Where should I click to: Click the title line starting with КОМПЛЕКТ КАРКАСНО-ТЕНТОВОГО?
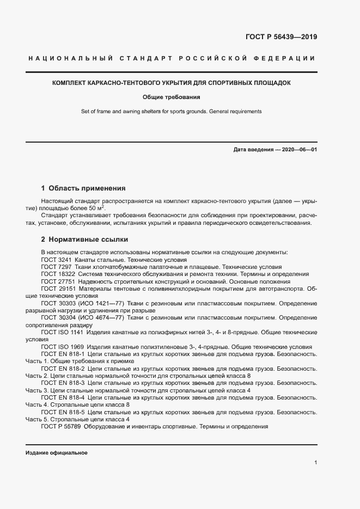click(x=172, y=83)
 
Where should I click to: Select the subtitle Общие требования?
click(x=172, y=97)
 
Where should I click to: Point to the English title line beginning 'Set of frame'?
click(x=172, y=112)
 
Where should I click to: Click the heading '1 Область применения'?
click(x=83, y=188)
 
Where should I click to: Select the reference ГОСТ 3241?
click(x=56, y=260)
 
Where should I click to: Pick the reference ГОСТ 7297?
click(x=56, y=267)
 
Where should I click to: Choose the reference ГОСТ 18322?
click(x=58, y=274)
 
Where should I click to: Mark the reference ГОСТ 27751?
click(x=58, y=282)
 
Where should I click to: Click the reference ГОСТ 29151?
click(x=58, y=289)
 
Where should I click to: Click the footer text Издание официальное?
click(x=56, y=452)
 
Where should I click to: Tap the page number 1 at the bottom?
click(x=315, y=462)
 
